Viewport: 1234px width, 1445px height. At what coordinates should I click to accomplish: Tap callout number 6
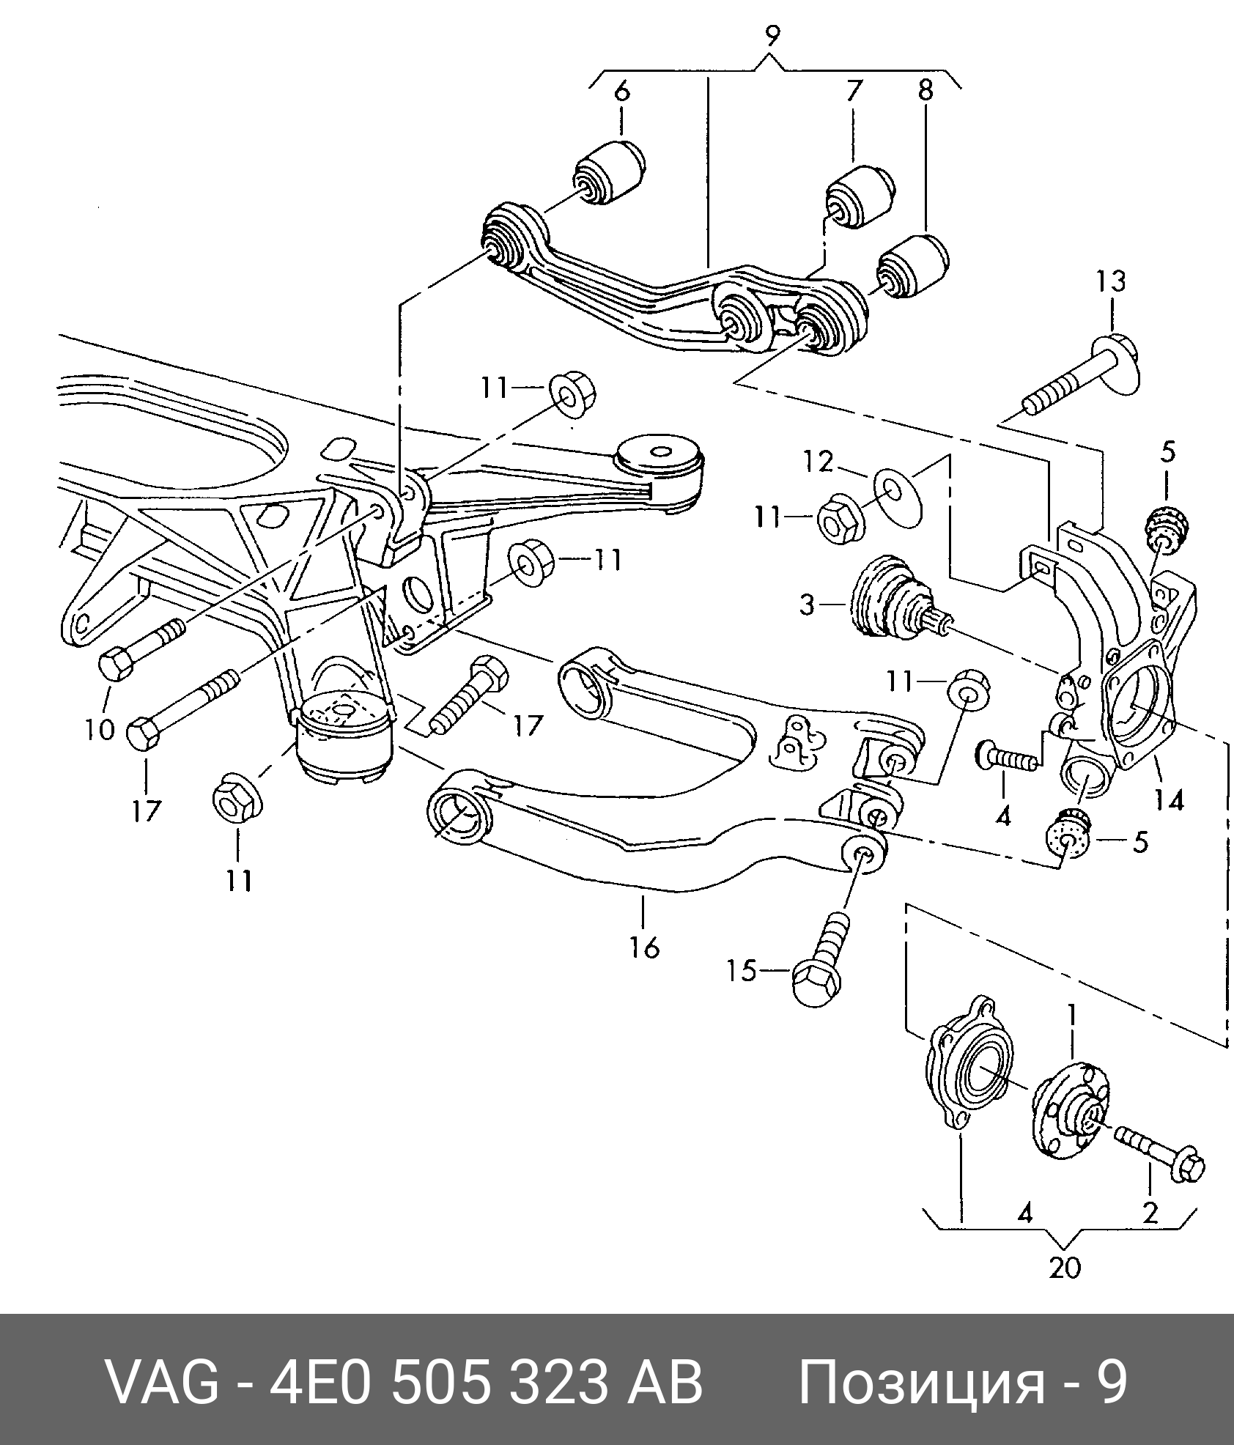[621, 92]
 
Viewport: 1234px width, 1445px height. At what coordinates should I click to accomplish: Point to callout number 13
[1111, 282]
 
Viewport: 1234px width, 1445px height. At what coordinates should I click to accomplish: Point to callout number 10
[100, 730]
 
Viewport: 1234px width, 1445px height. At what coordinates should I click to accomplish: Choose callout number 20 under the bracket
[1065, 1267]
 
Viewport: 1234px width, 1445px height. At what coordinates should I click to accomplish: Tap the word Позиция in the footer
[921, 1383]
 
